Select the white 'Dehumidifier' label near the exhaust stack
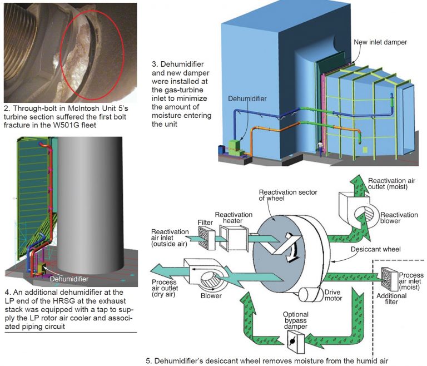click(x=69, y=279)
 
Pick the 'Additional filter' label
click(x=393, y=299)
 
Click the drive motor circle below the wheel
click(x=306, y=294)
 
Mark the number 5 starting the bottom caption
click(x=148, y=360)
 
